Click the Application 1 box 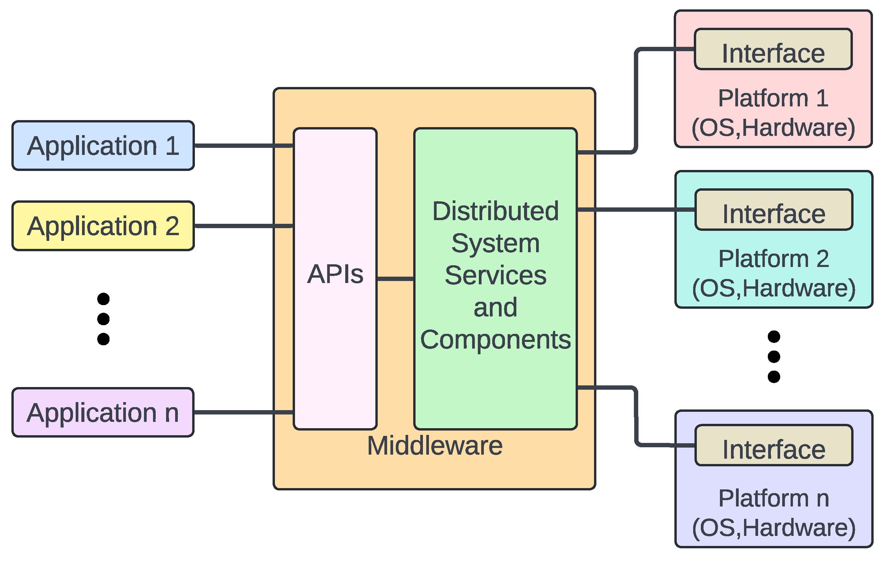(103, 146)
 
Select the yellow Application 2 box (103, 226)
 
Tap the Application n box (103, 413)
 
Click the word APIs (335, 274)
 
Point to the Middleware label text (435, 446)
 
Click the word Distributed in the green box (495, 211)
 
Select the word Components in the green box (495, 340)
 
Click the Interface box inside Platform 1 (773, 49)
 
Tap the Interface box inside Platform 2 (774, 210)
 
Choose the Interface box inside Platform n (774, 445)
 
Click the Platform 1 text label (773, 98)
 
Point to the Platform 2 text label (774, 259)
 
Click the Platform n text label (774, 498)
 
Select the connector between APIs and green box (395, 279)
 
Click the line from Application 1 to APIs (242, 146)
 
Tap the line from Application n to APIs (242, 412)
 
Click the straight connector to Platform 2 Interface (635, 209)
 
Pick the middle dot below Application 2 (103, 319)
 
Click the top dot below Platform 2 (774, 337)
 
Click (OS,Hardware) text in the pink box (773, 128)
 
